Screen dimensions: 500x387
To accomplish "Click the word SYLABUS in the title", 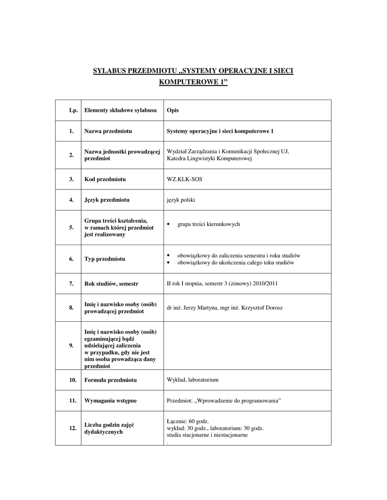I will coord(109,71).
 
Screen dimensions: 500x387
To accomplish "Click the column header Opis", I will coord(173,110).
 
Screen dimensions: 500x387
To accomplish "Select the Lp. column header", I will coord(73,110).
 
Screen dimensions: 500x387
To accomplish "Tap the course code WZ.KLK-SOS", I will coord(184,179).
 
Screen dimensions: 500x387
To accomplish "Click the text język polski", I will coord(181,200).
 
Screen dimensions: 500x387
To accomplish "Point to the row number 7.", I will coord(71,284).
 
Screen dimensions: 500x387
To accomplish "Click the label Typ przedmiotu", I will coord(105,259).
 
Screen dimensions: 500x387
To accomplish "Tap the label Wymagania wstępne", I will coord(111,400).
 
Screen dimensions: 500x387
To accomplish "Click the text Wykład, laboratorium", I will coord(192,379).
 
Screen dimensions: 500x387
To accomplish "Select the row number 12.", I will coord(72,428).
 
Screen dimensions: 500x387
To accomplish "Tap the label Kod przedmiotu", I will coord(105,179).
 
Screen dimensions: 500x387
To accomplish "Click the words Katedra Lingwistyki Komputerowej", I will coord(209,159).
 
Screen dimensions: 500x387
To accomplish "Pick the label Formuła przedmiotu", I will coord(111,379).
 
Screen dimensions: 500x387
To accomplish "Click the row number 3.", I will coord(71,179).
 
